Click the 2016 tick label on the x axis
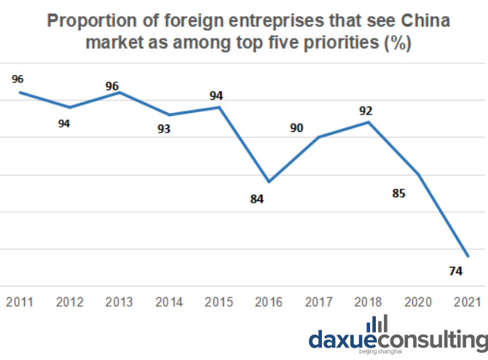(269, 302)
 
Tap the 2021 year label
(467, 302)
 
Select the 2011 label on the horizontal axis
(19, 302)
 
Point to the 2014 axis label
(169, 302)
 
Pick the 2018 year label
(368, 302)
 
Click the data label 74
(456, 271)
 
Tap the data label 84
(257, 199)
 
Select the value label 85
(398, 193)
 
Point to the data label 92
(366, 111)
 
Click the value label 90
(296, 128)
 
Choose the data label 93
(164, 128)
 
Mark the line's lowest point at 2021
(468, 256)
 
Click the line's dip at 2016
(269, 181)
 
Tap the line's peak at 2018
(369, 122)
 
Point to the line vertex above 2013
(119, 93)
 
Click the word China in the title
(425, 21)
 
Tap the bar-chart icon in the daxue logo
(377, 324)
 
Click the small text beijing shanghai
(380, 351)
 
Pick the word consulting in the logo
(433, 341)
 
